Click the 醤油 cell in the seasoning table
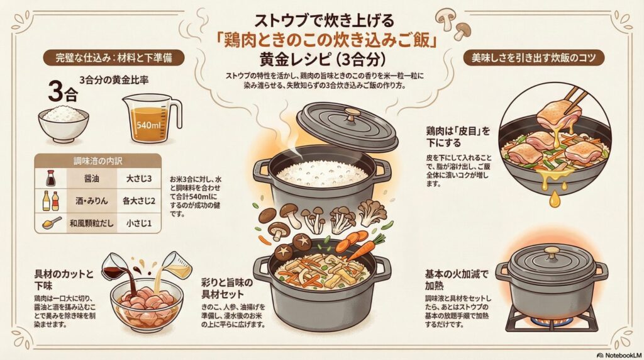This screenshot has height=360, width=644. click(x=89, y=180)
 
